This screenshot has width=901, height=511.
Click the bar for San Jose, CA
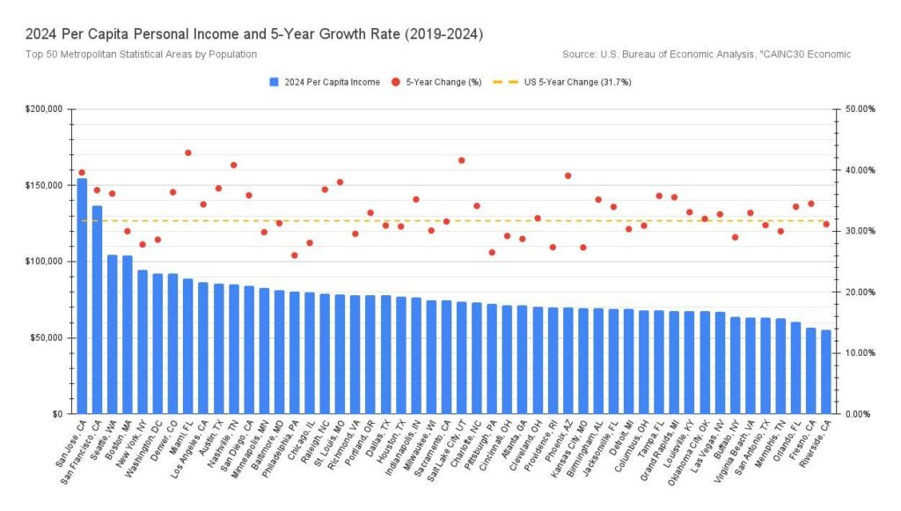(82, 295)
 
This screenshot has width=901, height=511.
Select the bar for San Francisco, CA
(97, 309)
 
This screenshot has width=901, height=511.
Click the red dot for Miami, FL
(187, 152)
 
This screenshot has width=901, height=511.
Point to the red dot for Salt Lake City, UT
(461, 160)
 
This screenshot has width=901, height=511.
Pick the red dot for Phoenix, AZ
(568, 175)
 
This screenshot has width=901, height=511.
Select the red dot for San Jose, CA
(82, 173)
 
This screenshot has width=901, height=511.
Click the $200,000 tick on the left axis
(44, 109)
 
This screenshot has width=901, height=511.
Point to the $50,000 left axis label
(47, 337)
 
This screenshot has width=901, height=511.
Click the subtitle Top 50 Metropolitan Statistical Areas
(141, 55)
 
